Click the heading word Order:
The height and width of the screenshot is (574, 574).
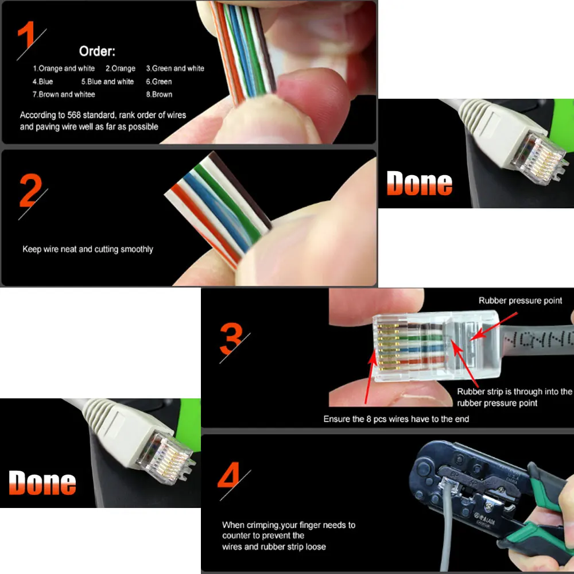click(97, 52)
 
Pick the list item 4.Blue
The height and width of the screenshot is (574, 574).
click(42, 82)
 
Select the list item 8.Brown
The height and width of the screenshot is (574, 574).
click(159, 94)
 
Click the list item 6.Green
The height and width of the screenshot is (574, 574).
click(159, 82)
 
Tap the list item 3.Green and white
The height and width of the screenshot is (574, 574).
click(175, 68)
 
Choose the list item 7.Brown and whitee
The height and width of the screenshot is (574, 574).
click(64, 94)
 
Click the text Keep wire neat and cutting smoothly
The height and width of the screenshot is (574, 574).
click(88, 249)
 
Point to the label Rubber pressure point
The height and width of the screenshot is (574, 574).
click(520, 301)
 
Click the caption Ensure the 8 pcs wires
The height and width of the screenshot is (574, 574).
click(396, 419)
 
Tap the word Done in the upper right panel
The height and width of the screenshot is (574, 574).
click(420, 183)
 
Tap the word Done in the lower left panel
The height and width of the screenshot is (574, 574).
click(42, 483)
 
